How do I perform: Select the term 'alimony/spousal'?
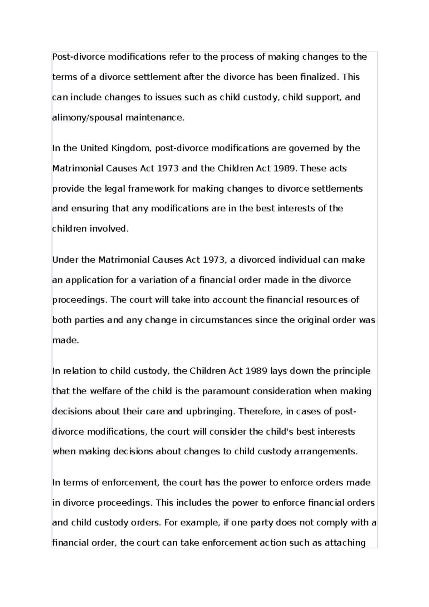coord(87,118)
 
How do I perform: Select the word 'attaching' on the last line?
coord(345,543)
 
